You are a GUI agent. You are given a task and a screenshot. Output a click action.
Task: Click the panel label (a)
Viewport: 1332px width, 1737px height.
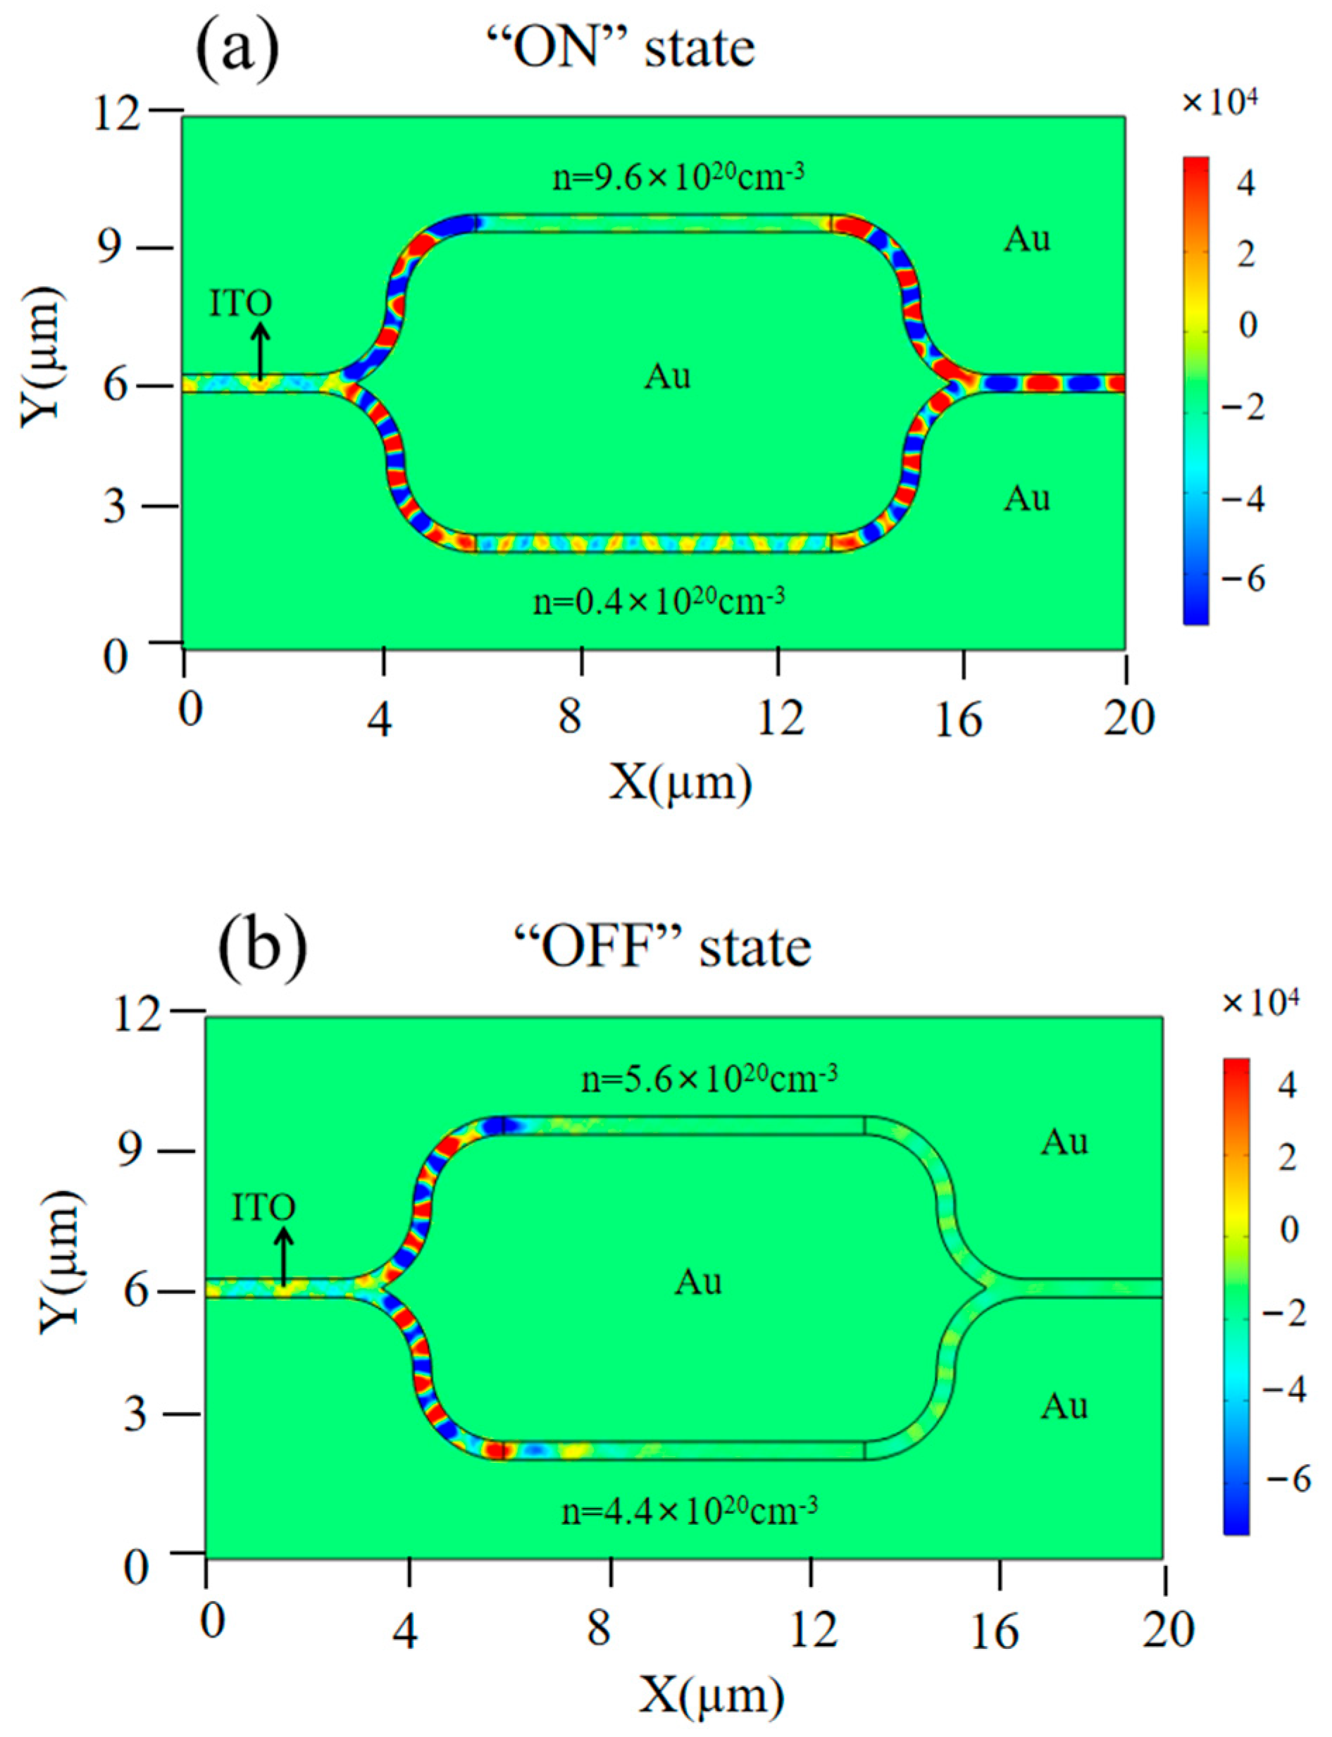click(x=237, y=49)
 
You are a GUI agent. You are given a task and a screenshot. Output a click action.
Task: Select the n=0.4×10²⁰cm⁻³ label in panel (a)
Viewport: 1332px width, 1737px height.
click(x=659, y=602)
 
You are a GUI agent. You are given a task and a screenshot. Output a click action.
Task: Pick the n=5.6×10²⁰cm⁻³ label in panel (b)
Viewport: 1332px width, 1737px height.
click(x=709, y=1078)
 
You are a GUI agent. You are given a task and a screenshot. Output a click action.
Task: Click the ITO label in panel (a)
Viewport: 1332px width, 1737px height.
click(x=240, y=304)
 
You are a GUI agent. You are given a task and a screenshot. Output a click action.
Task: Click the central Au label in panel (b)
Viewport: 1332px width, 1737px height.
click(x=698, y=1282)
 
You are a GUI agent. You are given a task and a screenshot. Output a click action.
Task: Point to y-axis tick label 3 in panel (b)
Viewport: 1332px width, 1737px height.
click(x=135, y=1414)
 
